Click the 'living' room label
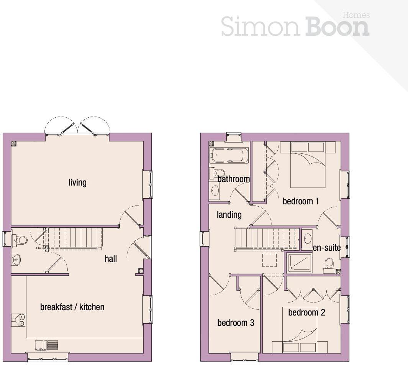click(x=77, y=182)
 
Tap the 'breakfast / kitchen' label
click(x=72, y=307)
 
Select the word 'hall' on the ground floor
click(x=111, y=259)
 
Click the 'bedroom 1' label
click(x=301, y=201)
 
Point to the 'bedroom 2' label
click(x=306, y=313)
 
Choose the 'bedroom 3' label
click(x=236, y=323)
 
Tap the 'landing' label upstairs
click(x=229, y=215)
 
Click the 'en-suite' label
click(x=326, y=248)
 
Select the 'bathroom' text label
click(x=233, y=179)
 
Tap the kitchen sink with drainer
click(x=46, y=345)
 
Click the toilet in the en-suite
click(x=329, y=265)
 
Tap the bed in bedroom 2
click(x=300, y=330)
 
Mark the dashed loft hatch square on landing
click(x=269, y=260)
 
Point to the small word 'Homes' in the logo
click(x=356, y=15)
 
